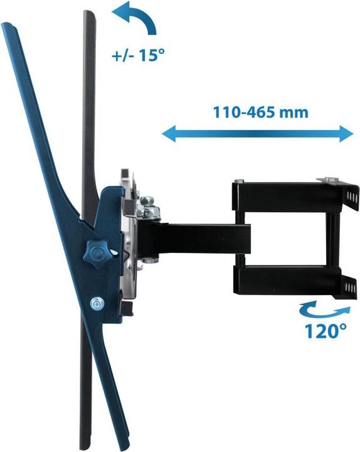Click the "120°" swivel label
[x=326, y=330]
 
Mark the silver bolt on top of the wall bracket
[x=326, y=180]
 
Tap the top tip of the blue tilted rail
[x=8, y=26]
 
